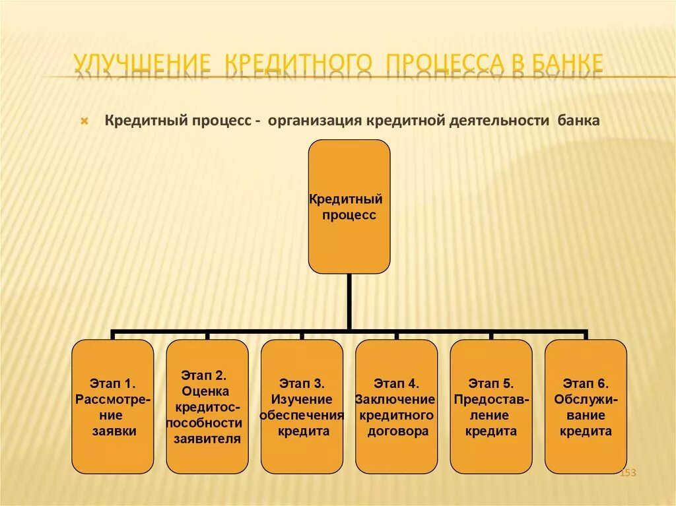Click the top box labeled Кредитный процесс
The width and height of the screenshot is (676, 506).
[349, 206]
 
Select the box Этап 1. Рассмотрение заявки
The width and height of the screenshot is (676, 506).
[113, 406]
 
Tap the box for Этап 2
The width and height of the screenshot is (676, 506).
[207, 406]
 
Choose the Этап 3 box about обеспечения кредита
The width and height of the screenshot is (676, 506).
[302, 406]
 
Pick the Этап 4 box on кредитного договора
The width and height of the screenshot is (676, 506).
[396, 406]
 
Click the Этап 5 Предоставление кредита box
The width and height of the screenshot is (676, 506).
[490, 406]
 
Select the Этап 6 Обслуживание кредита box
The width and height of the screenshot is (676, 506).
[586, 406]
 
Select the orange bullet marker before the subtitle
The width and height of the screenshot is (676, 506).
[84, 122]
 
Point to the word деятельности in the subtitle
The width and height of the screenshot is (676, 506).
[501, 121]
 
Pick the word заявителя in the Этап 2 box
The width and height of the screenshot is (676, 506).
[207, 439]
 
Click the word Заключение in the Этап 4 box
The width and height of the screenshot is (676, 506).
[395, 399]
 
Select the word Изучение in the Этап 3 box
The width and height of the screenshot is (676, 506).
[302, 399]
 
